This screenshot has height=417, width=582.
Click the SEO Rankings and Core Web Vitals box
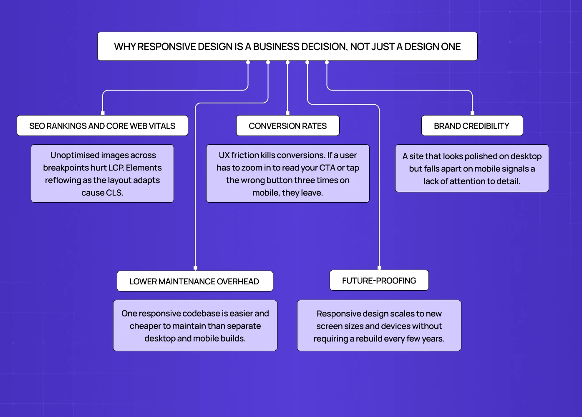click(x=102, y=126)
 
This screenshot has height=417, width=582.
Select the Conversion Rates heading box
click(x=287, y=126)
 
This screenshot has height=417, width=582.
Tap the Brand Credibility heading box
click(x=472, y=126)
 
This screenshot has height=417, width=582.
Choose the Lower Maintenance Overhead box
click(x=194, y=281)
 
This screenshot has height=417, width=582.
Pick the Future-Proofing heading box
click(x=379, y=280)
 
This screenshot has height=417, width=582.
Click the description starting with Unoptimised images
click(x=102, y=173)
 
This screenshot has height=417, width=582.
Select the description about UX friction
click(x=287, y=173)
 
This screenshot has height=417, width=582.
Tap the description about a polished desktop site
click(x=472, y=168)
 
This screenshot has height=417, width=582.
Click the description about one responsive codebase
click(x=195, y=325)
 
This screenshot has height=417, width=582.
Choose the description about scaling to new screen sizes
click(x=379, y=325)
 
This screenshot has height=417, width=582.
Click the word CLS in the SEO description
click(x=114, y=193)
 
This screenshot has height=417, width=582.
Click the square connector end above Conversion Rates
click(x=287, y=113)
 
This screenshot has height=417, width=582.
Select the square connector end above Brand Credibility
click(x=472, y=113)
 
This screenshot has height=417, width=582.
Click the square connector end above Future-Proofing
click(x=379, y=268)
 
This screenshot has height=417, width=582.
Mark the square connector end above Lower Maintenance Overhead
click(x=195, y=268)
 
